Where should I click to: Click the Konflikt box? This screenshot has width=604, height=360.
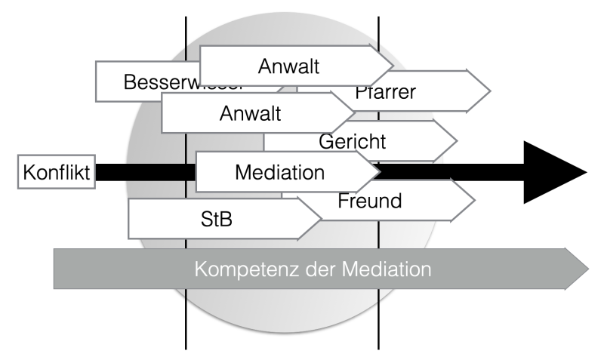56,172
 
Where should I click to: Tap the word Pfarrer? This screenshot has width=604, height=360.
385,93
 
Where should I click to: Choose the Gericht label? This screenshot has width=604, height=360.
353,141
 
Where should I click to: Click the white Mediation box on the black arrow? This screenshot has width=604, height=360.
280,171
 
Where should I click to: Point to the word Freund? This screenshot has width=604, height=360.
369,202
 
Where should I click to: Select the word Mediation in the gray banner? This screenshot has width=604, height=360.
385,269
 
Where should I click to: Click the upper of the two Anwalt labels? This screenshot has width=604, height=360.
288,66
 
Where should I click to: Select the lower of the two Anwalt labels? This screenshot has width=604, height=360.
250,114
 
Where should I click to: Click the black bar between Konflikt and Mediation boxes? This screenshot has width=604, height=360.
143,172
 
